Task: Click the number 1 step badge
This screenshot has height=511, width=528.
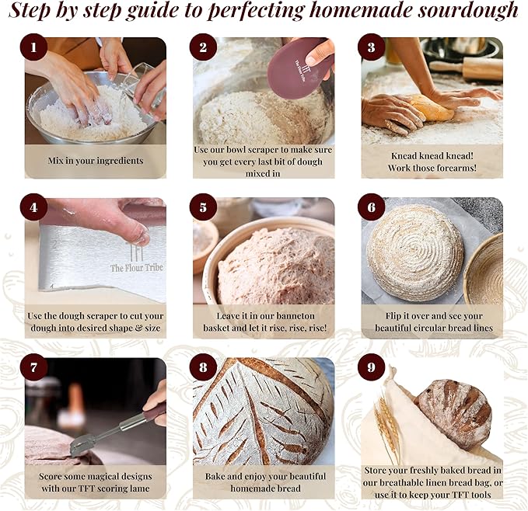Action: coord(34,48)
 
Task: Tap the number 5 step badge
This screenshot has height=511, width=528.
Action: coord(203,207)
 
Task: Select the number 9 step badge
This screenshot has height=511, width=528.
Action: coord(371,367)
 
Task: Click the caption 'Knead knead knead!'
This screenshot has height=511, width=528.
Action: coord(432,155)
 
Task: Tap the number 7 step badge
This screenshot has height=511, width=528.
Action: coord(34,367)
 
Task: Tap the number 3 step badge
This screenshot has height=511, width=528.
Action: coord(371,48)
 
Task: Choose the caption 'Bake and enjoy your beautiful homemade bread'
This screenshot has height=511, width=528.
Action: coord(265,481)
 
